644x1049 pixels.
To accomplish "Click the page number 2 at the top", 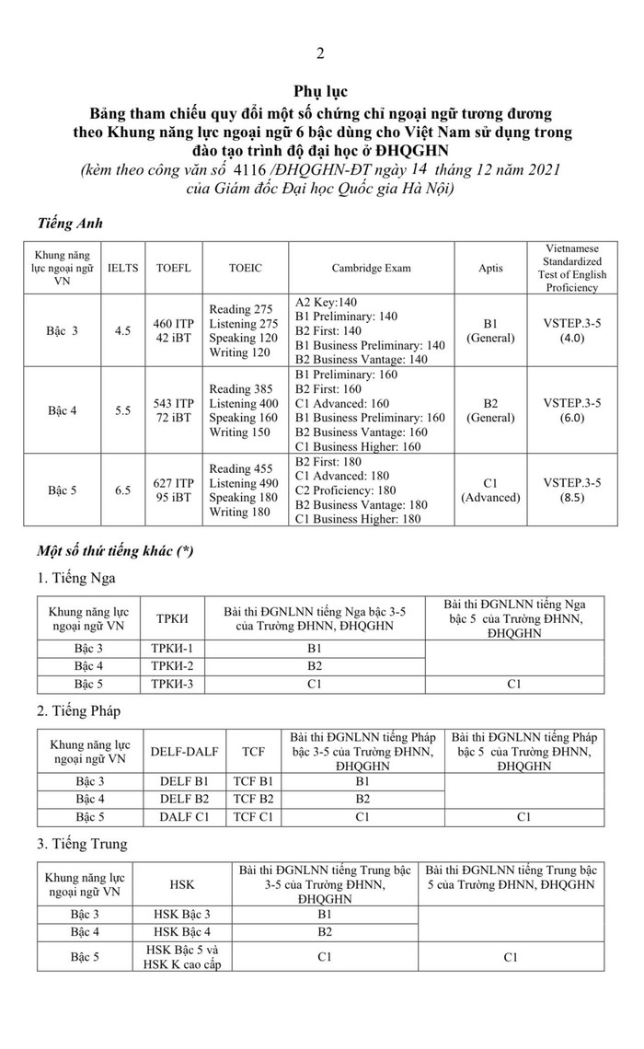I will click(x=320, y=52).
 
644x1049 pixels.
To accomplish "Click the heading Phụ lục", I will click(x=320, y=92).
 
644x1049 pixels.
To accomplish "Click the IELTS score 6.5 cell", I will click(x=122, y=490).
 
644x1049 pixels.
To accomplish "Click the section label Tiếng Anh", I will click(x=70, y=224).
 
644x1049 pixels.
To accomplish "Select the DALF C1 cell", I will click(x=184, y=816).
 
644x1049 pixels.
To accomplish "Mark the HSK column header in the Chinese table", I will click(x=182, y=884).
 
